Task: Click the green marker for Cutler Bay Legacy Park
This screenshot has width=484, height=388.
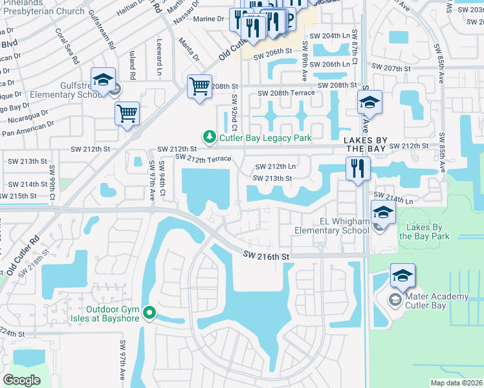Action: click(x=209, y=137)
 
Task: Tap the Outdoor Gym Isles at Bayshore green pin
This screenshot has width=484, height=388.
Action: click(x=149, y=314)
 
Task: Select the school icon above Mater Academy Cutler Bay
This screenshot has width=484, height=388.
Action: click(x=402, y=276)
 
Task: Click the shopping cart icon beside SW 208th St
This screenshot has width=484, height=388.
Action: click(x=199, y=86)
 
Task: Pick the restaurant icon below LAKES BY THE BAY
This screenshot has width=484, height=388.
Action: click(x=357, y=169)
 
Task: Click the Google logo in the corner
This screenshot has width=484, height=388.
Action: click(x=21, y=380)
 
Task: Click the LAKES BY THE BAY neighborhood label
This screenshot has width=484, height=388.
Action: click(x=365, y=144)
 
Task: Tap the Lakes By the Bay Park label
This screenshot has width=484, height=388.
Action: click(x=424, y=232)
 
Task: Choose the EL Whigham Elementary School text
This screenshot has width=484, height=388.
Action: click(x=331, y=226)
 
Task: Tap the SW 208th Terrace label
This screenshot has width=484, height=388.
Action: click(x=286, y=93)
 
